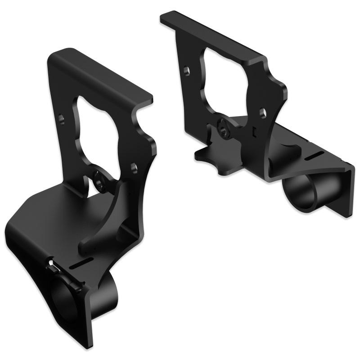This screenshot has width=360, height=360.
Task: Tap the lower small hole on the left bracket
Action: pyautogui.click(x=133, y=166)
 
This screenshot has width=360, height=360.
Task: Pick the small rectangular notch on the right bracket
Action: pyautogui.click(x=255, y=131)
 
